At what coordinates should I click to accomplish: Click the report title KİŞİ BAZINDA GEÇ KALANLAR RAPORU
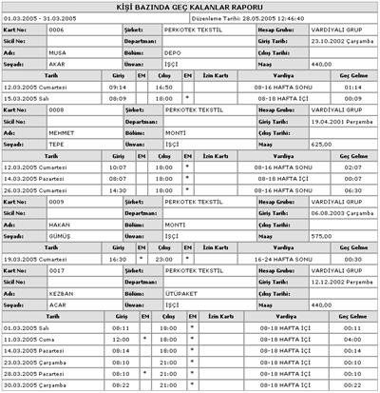point(190,7)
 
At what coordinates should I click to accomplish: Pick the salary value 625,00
point(322,143)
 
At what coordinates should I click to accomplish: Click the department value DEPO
point(171,53)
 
